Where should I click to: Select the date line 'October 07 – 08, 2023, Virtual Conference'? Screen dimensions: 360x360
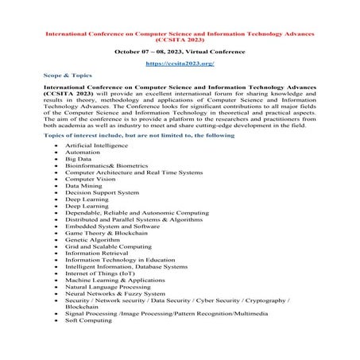click(x=180, y=50)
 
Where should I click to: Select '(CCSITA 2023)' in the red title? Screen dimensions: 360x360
click(x=180, y=37)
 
